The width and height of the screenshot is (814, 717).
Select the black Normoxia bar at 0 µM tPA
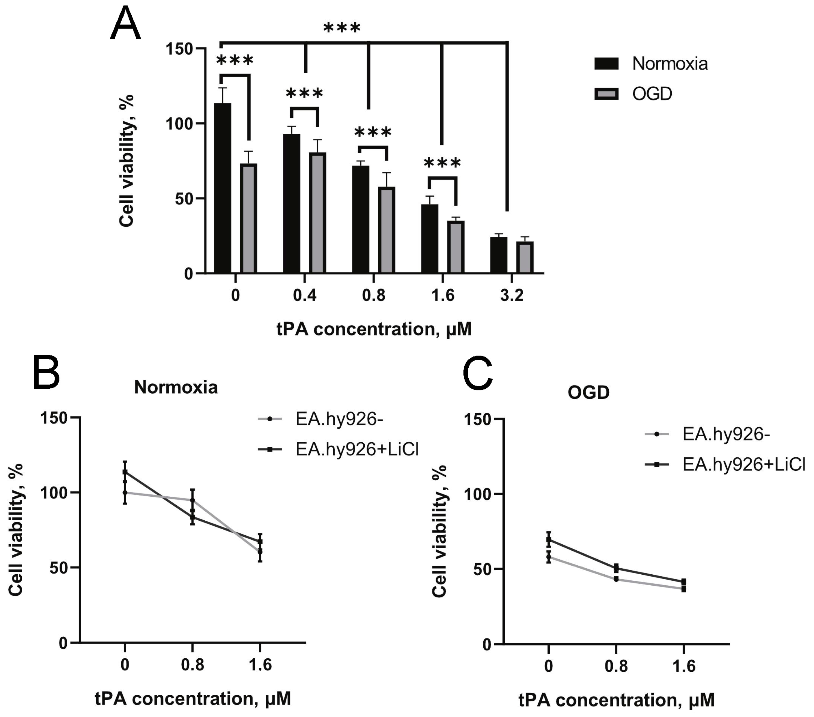click(223, 187)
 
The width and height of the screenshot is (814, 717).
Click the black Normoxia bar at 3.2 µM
click(499, 255)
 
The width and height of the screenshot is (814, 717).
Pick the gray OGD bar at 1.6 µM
click(456, 247)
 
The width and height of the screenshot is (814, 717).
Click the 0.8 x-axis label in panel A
click(374, 296)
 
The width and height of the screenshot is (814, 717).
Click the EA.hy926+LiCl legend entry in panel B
click(338, 449)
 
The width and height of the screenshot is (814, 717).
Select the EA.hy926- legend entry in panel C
click(707, 434)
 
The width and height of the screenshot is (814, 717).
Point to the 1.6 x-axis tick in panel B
click(260, 665)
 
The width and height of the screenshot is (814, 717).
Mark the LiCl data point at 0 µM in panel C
click(548, 540)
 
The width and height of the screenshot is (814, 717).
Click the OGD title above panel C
click(588, 393)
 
